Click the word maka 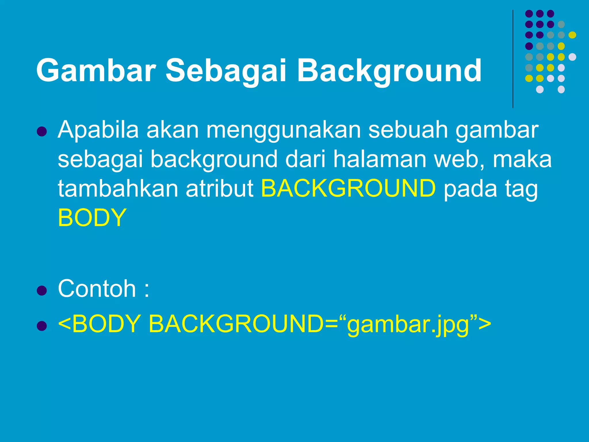coord(522,159)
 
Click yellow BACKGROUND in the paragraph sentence coord(348,189)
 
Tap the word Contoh coord(97,289)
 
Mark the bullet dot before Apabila coord(42,131)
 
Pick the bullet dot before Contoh coord(42,291)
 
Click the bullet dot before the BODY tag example coord(42,326)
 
